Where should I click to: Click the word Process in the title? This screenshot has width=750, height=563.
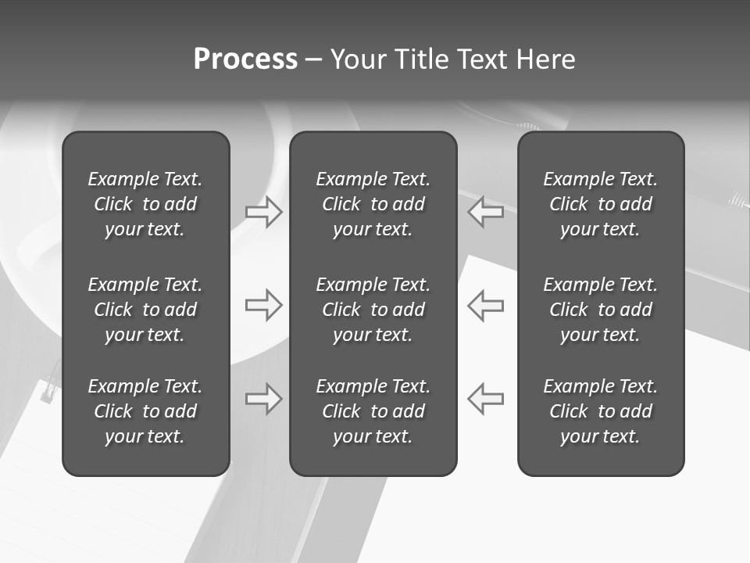point(245,59)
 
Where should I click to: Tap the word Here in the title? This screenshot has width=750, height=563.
point(545,59)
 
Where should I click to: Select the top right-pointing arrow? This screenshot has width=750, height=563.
point(264,212)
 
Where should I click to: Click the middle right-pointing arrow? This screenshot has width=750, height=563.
point(264,305)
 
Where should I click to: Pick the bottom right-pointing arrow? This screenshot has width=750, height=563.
point(264,399)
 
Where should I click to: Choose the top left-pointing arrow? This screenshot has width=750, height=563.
point(485,212)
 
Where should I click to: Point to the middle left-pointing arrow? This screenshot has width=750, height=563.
point(485,305)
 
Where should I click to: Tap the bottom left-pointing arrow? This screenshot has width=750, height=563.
point(485,399)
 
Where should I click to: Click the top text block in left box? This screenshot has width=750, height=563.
point(145,204)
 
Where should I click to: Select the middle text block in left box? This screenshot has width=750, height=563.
point(145,310)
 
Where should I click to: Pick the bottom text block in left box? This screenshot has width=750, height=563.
point(145,411)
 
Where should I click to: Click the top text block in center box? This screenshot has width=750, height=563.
point(373,204)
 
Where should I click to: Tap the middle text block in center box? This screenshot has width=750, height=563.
point(373,310)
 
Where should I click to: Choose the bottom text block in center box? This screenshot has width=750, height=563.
point(373,411)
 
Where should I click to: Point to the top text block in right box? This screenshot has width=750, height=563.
point(600,204)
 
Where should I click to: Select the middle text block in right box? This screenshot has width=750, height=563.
point(600,310)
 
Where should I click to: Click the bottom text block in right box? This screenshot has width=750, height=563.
point(600,411)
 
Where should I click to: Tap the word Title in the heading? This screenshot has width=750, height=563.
point(421,59)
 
